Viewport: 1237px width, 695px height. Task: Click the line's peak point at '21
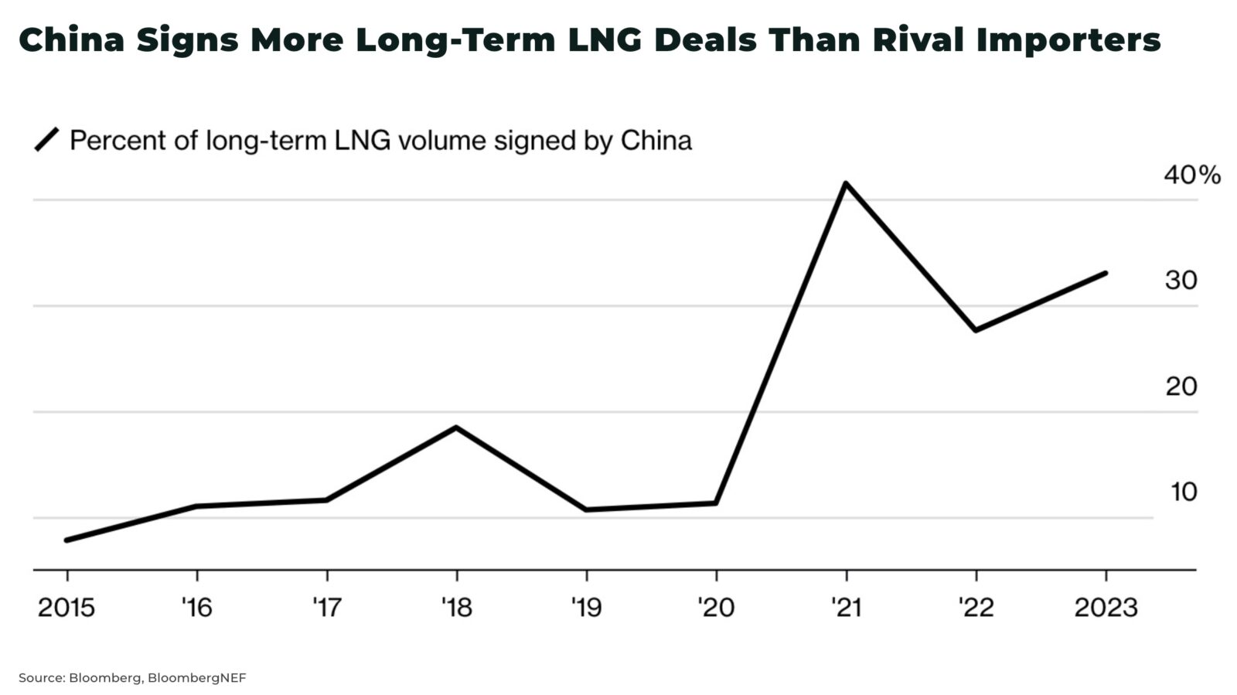coord(846,183)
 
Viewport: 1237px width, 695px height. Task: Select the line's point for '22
coord(976,330)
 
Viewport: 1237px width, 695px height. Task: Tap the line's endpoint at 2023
coord(1106,273)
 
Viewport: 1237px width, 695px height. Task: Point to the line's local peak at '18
coord(456,427)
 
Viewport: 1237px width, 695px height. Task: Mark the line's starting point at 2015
coord(66,540)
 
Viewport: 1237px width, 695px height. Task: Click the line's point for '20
coord(716,503)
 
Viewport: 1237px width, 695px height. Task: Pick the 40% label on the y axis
coord(1191,175)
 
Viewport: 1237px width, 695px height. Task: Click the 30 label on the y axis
coord(1181,281)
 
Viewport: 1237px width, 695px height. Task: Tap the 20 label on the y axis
coord(1181,386)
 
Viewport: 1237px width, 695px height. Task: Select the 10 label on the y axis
coord(1183,492)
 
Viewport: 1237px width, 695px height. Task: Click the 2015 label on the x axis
coord(66,608)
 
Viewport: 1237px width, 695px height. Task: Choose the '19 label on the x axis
coord(586,608)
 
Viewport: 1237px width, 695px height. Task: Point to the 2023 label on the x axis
coord(1106,608)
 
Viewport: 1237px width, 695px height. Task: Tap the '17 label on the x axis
coord(326,608)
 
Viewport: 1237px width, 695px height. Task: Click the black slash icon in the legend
coord(47,140)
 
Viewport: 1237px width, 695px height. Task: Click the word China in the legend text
coord(656,141)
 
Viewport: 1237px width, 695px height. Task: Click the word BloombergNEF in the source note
coord(196,678)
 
